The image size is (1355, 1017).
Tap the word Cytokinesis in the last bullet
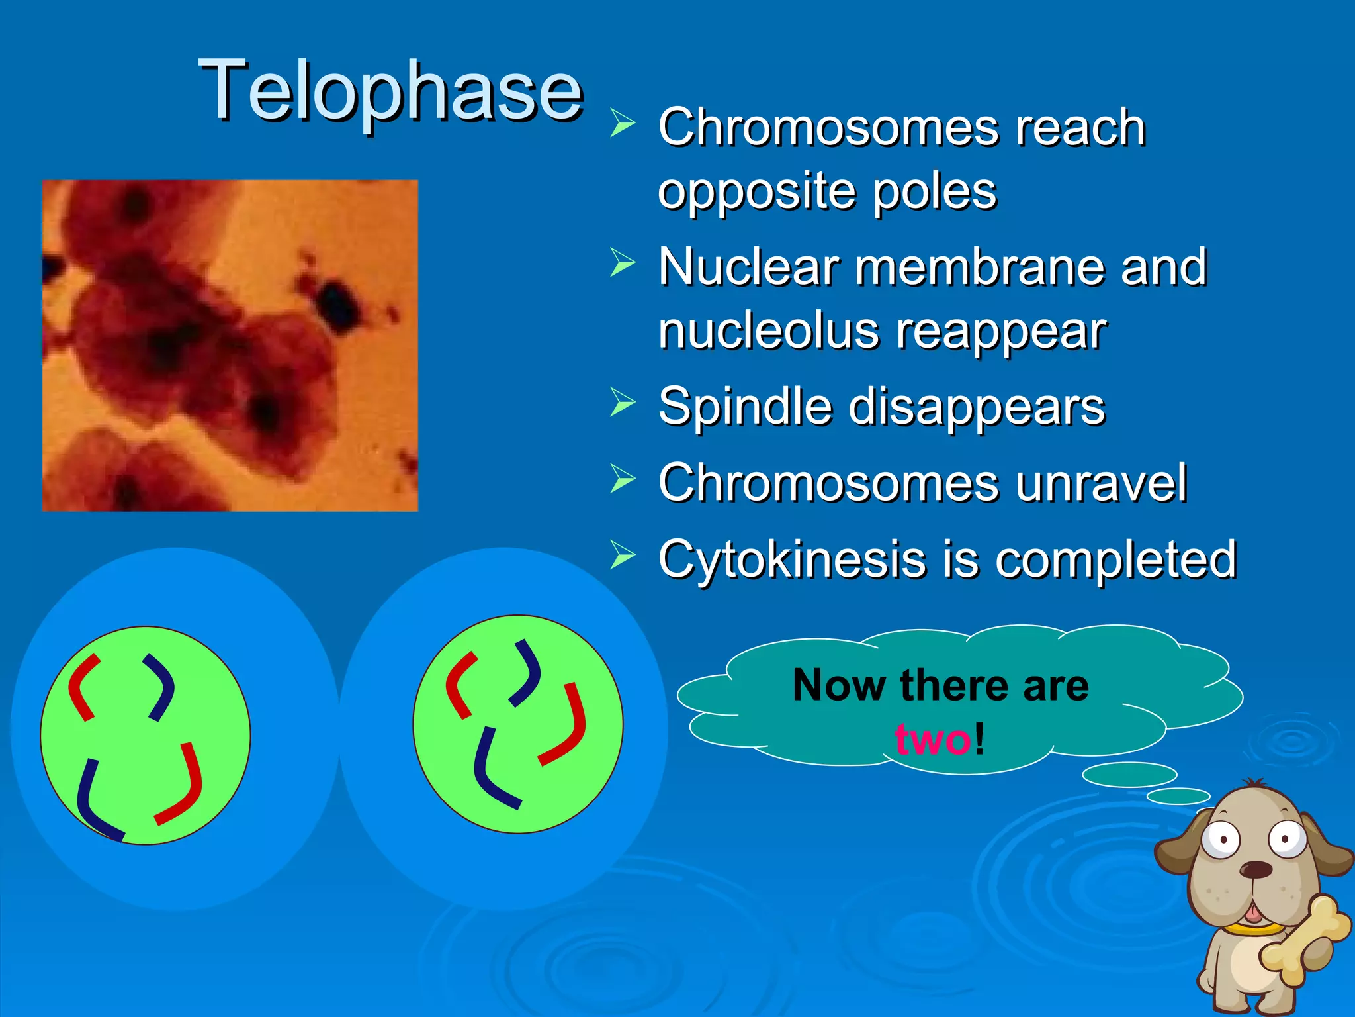tap(791, 559)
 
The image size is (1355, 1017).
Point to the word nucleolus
tap(768, 330)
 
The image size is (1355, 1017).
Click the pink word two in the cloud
tap(933, 739)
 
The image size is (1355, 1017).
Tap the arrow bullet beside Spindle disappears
tap(622, 403)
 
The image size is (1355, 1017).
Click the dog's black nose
tap(1254, 869)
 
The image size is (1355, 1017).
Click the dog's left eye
tap(1221, 840)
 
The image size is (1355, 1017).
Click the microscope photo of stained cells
tap(230, 345)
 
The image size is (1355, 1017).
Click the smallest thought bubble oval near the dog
tap(1178, 796)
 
